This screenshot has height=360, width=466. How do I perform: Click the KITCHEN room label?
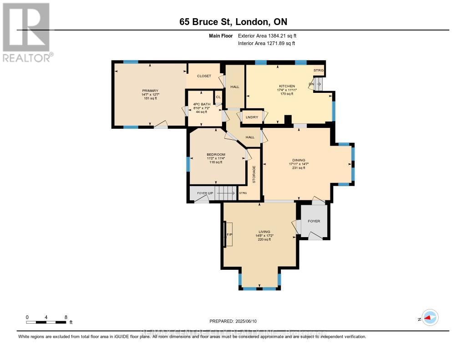click(287, 86)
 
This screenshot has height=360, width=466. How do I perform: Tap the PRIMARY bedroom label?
click(150, 91)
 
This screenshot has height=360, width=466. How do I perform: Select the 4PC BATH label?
click(200, 104)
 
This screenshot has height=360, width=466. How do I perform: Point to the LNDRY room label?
click(252, 117)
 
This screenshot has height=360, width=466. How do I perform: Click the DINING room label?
click(299, 160)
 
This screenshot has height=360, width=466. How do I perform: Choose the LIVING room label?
click(264, 232)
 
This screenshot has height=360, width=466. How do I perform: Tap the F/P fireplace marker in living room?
click(229, 235)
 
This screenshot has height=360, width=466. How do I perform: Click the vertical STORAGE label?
click(254, 174)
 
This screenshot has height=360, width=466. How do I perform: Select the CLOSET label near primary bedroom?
click(204, 76)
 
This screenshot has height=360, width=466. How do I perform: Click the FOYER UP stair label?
click(205, 193)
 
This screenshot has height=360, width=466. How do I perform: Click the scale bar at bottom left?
click(47, 322)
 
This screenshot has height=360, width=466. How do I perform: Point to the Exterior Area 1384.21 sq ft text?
click(267, 35)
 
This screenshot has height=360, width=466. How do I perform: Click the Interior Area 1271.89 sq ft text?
click(266, 43)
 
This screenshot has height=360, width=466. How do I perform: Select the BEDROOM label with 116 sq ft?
click(216, 155)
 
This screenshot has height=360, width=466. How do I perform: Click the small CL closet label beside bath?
click(218, 97)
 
